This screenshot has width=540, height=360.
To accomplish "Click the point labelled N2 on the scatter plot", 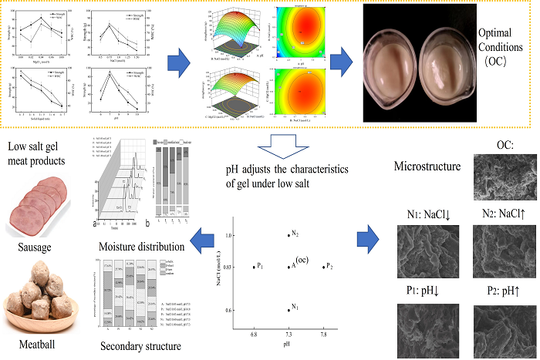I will [x=288, y=234].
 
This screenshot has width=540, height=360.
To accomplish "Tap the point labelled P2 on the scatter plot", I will [x=322, y=267].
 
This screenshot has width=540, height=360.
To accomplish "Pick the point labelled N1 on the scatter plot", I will [x=288, y=309].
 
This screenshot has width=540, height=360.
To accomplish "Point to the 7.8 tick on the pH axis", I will [x=322, y=336].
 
